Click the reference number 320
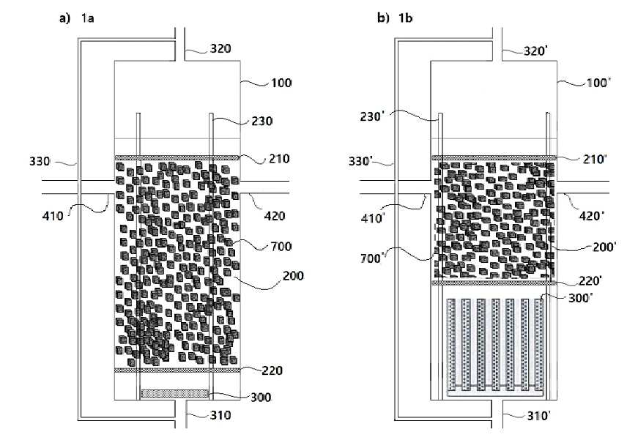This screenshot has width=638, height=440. click(x=220, y=50)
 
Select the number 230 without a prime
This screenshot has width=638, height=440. click(x=261, y=122)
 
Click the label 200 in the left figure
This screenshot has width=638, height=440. click(x=292, y=276)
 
